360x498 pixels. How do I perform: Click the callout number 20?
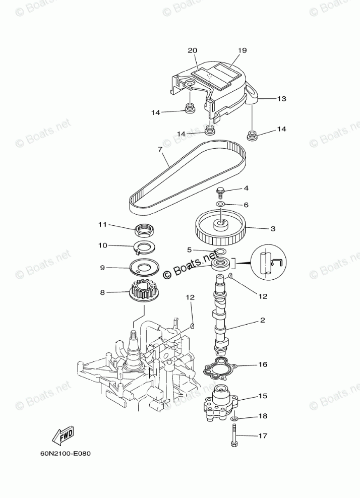click(x=192, y=50)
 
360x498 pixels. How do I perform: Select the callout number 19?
click(x=242, y=50)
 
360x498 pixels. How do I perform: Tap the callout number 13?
click(x=281, y=99)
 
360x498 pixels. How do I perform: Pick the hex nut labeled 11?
click(x=145, y=230)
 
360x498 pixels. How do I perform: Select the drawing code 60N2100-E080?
click(x=66, y=452)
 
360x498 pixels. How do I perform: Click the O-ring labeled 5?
click(x=220, y=251)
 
